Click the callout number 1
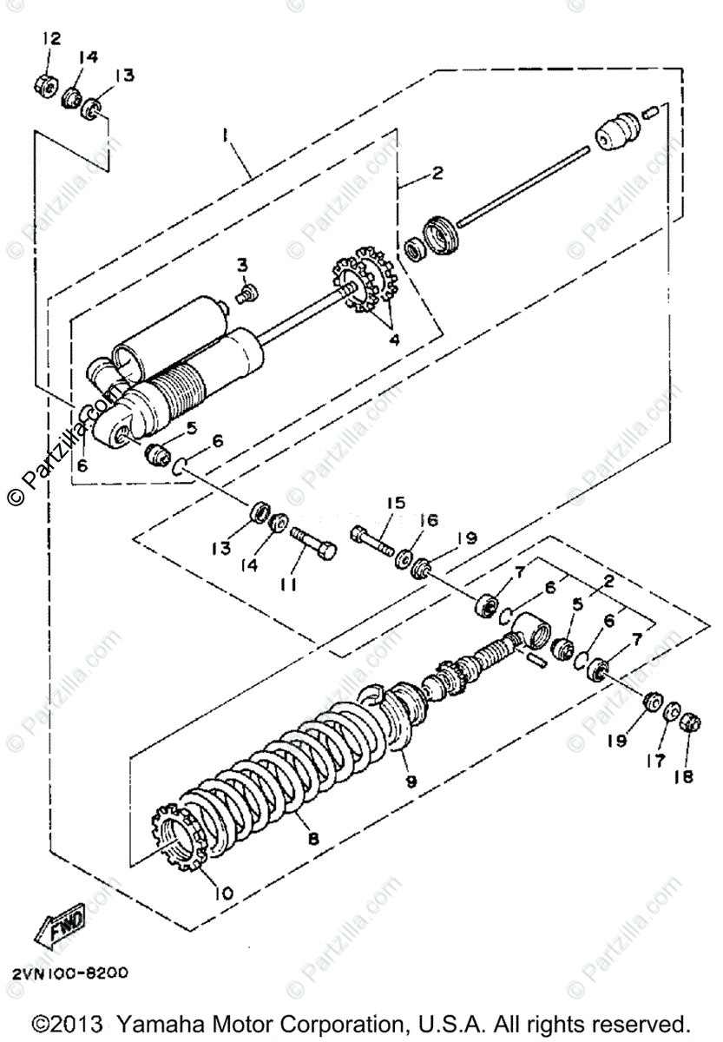pyautogui.click(x=224, y=135)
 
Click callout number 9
pyautogui.click(x=411, y=781)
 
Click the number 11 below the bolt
pyautogui.click(x=289, y=585)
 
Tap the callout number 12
pyautogui.click(x=51, y=39)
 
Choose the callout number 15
pyautogui.click(x=396, y=503)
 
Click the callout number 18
pyautogui.click(x=683, y=777)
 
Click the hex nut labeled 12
pyautogui.click(x=46, y=84)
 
